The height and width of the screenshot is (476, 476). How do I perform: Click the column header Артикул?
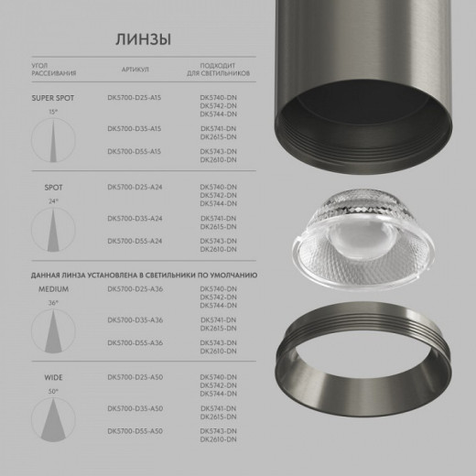pyautogui.click(x=134, y=70)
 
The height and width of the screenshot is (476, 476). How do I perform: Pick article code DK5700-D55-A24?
pyautogui.click(x=135, y=240)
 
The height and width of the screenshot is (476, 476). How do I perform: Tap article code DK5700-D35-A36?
pyautogui.click(x=135, y=319)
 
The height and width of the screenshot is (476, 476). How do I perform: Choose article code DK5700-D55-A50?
pyautogui.click(x=135, y=430)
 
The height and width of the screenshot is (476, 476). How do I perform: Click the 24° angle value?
pyautogui.click(x=52, y=200)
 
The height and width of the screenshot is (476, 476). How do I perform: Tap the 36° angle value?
pyautogui.click(x=52, y=302)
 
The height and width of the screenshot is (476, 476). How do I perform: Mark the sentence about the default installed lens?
pyautogui.click(x=144, y=274)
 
